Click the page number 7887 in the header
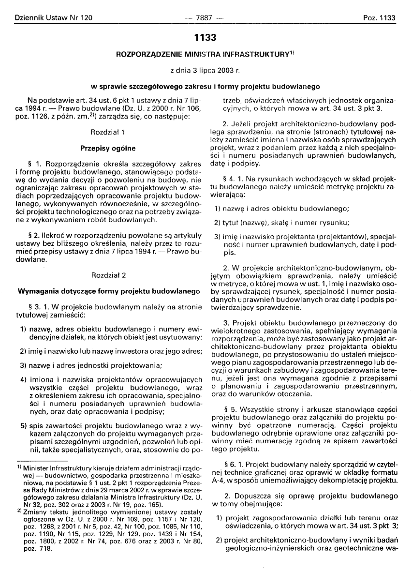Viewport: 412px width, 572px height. point(205,18)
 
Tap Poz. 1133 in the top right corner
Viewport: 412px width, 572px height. point(379,18)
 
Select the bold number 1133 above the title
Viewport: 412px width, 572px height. point(205,38)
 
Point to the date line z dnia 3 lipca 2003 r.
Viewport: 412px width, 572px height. point(205,71)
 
